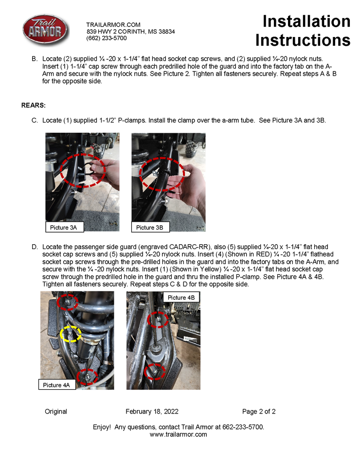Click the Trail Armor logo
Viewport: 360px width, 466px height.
click(x=46, y=30)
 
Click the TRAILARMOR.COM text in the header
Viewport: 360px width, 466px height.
click(x=113, y=25)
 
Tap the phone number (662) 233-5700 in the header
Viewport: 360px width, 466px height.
click(x=107, y=38)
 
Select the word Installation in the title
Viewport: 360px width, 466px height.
click(x=306, y=21)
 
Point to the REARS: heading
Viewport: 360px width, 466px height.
click(x=34, y=105)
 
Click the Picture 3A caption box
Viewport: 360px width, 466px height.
click(x=63, y=227)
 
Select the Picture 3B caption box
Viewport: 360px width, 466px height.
click(x=149, y=227)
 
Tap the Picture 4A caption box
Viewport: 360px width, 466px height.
click(x=56, y=385)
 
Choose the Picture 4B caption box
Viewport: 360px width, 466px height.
click(x=180, y=297)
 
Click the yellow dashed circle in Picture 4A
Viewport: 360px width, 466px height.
click(x=71, y=334)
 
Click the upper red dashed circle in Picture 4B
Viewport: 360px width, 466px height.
click(x=157, y=319)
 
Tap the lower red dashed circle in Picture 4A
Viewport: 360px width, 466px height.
click(x=88, y=376)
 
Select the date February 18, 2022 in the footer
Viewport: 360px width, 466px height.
click(x=152, y=412)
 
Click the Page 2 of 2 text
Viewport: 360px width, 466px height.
click(x=259, y=412)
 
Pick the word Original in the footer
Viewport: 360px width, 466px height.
click(x=56, y=412)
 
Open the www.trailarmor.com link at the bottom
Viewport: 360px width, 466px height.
click(x=178, y=434)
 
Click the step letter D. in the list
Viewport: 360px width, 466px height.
click(x=35, y=247)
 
